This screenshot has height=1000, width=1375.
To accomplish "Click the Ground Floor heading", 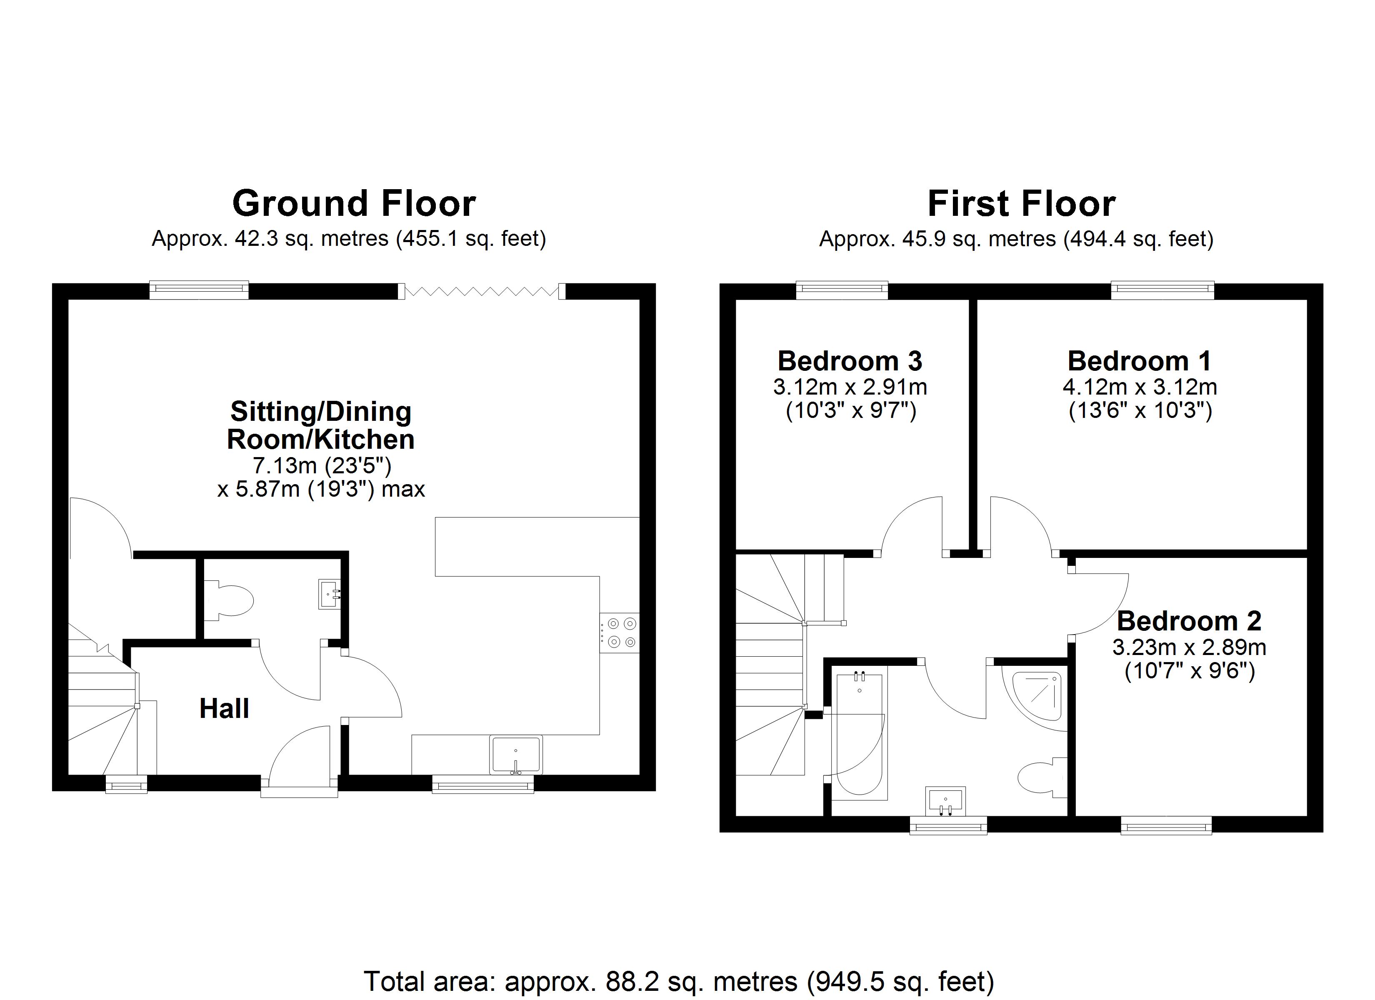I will click(354, 204).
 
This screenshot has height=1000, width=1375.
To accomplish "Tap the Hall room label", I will click(224, 708).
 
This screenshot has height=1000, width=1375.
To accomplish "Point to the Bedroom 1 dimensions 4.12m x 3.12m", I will click(1139, 387).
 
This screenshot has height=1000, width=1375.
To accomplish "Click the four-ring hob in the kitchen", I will click(620, 632).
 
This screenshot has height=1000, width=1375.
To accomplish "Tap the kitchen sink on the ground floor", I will click(516, 755).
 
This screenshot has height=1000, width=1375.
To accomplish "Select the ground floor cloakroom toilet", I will click(230, 600).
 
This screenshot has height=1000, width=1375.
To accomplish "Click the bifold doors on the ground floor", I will click(482, 292).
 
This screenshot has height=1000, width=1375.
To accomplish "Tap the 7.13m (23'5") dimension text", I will click(321, 466).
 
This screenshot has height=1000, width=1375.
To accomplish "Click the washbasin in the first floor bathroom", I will click(945, 802).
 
